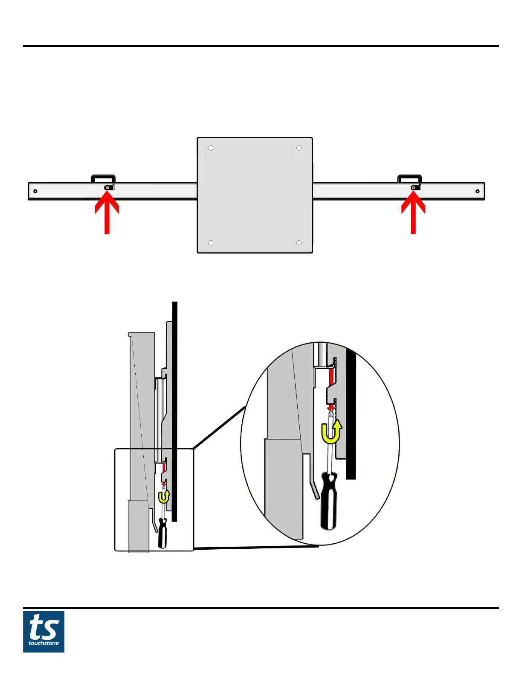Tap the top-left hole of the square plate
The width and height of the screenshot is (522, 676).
211,148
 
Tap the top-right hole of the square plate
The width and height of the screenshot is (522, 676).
299,148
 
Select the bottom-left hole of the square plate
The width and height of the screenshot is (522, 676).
211,243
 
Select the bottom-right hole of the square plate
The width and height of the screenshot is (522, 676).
299,243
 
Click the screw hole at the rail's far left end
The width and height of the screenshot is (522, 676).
35,191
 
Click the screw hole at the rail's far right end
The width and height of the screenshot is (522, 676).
478,191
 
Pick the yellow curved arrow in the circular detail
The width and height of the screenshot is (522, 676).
331,432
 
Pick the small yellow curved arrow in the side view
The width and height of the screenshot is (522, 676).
164,497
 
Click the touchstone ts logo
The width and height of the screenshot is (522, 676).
43,632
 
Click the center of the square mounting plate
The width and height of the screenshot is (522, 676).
255,195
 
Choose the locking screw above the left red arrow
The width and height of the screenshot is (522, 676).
108,187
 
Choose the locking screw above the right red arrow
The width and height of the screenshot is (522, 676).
413,188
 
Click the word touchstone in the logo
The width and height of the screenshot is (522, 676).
43,643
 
